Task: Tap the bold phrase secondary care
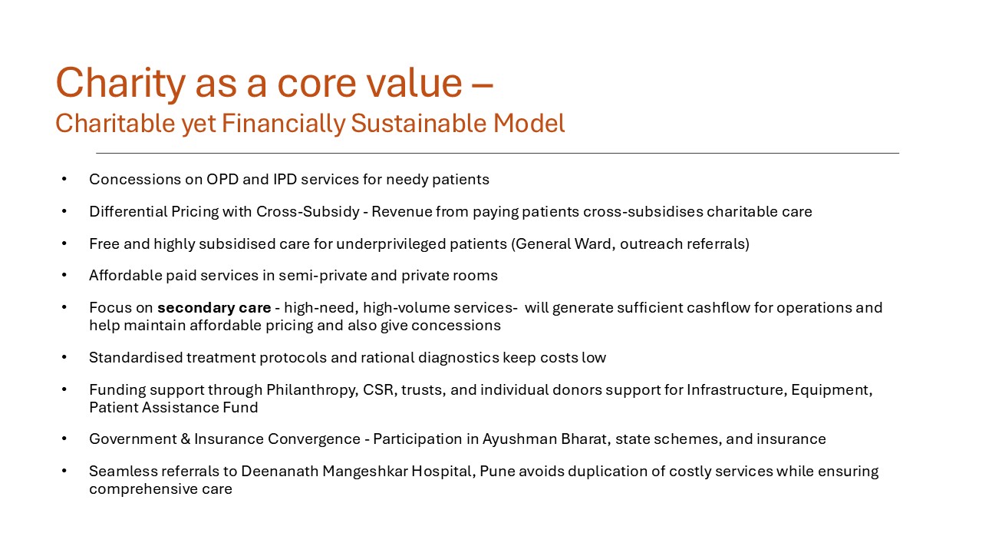click(214, 308)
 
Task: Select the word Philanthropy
click(311, 390)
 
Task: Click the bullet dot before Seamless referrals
click(65, 472)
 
